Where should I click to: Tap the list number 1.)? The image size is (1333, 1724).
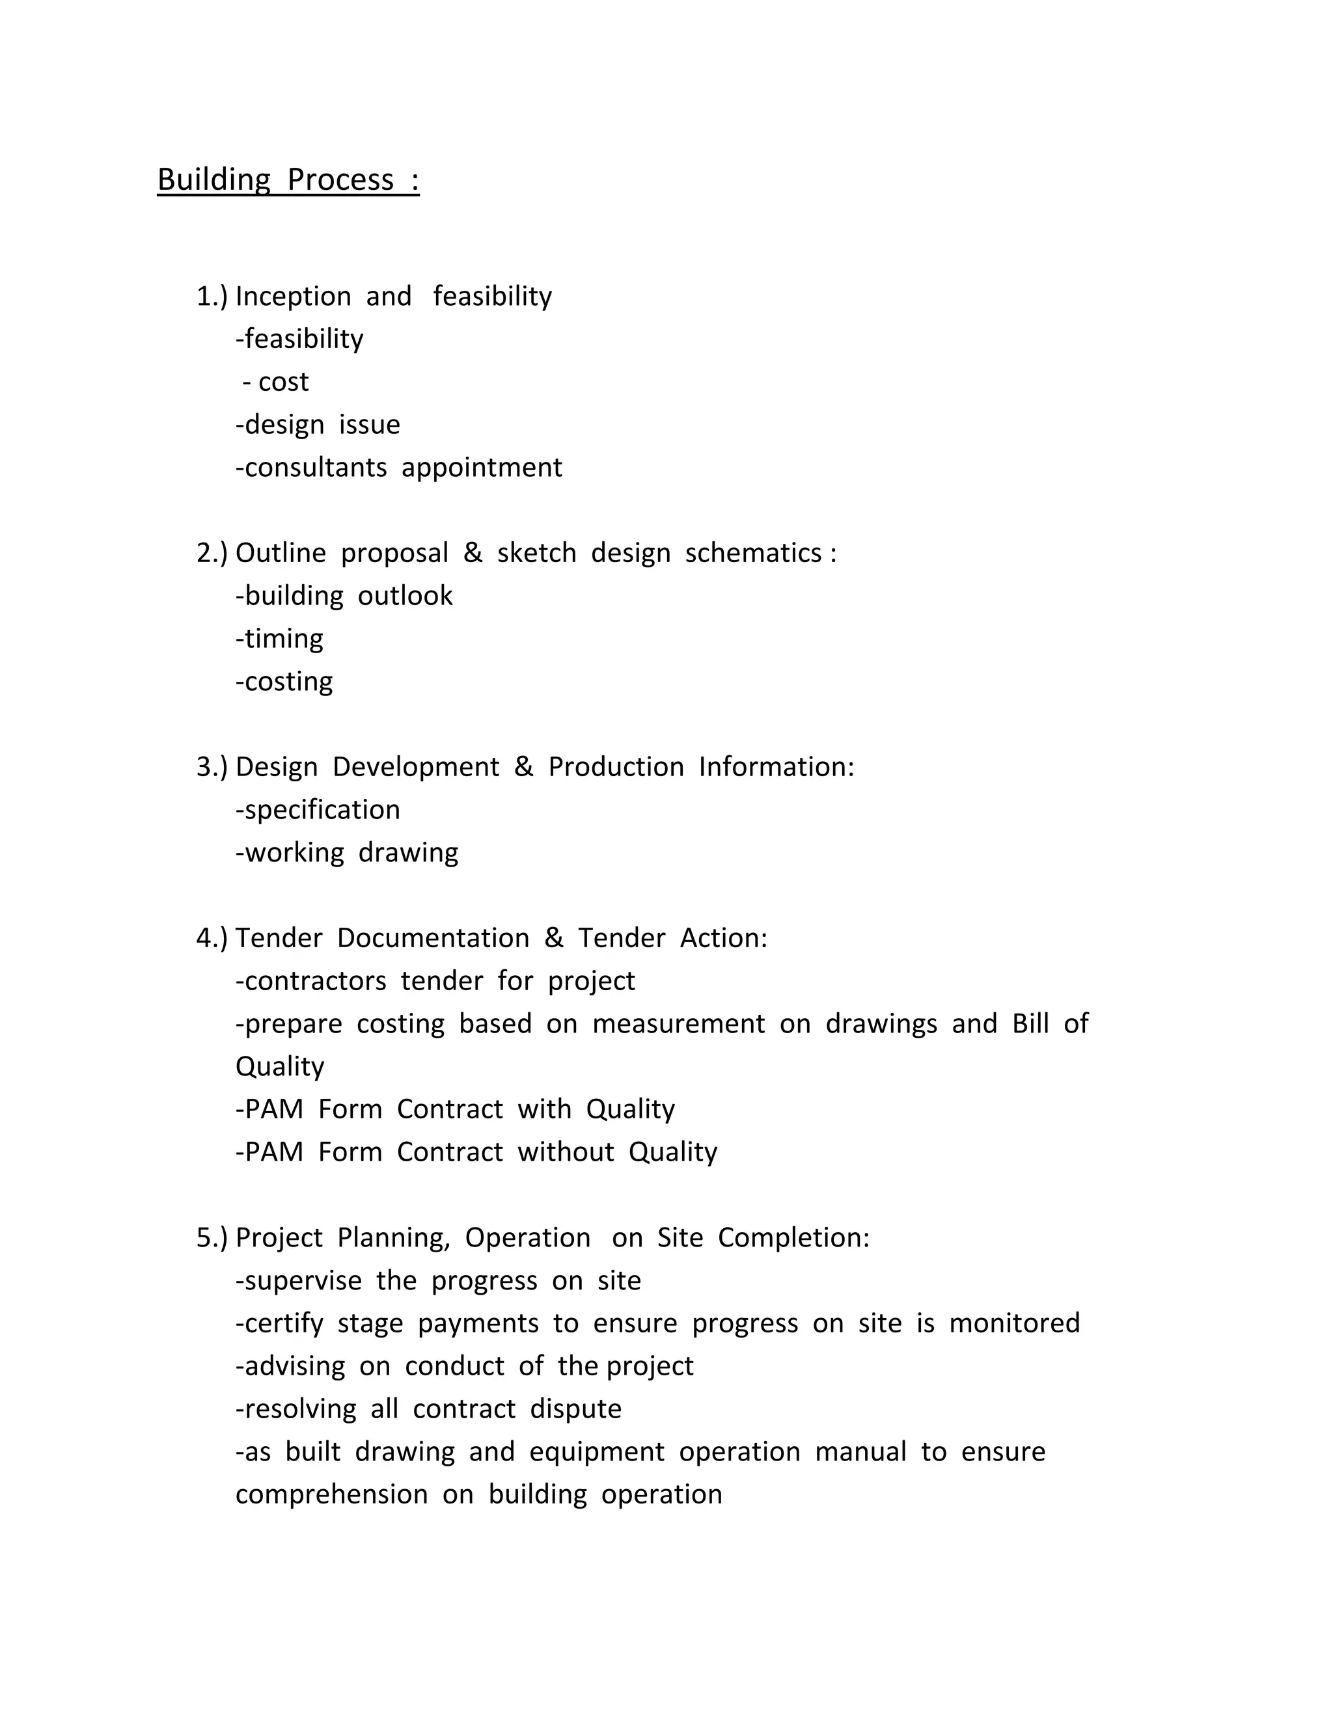(x=212, y=297)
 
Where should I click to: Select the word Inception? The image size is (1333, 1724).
(x=293, y=297)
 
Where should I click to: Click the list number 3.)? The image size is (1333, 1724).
(x=212, y=766)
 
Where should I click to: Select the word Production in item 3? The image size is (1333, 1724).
(x=616, y=766)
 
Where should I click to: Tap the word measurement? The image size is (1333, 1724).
(x=678, y=1024)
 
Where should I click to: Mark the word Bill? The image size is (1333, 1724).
(x=1030, y=1024)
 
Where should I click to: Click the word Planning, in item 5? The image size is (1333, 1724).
(x=393, y=1238)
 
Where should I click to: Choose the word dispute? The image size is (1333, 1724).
(x=575, y=1409)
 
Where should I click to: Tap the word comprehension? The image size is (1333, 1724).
(x=332, y=1494)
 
